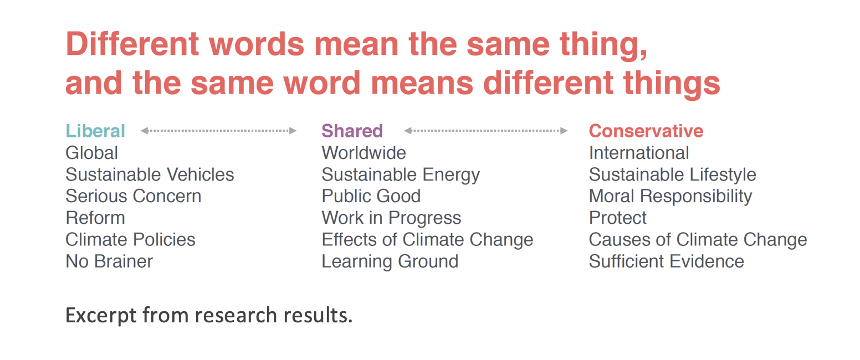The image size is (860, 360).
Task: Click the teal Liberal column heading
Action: point(95,131)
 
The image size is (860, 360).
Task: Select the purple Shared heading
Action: point(352,131)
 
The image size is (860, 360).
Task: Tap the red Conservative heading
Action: point(646,131)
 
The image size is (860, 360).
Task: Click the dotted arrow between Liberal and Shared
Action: point(218,131)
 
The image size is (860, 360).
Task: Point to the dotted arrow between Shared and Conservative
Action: point(485,131)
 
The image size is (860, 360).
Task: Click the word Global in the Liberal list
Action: point(92,153)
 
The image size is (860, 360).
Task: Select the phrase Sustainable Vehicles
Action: point(150,174)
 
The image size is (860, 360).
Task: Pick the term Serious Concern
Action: point(133,196)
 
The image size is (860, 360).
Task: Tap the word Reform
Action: point(95,218)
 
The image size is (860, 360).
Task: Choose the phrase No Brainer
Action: point(109,261)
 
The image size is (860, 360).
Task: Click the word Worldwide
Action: point(364,153)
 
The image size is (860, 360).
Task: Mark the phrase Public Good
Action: point(371,196)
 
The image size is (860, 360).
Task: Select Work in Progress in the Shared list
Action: point(391,218)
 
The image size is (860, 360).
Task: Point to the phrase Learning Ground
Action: point(390,262)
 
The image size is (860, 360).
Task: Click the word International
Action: point(639,153)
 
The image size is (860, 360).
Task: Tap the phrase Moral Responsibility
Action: point(670,197)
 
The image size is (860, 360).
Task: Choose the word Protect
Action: point(618,218)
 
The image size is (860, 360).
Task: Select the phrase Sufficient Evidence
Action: point(667,261)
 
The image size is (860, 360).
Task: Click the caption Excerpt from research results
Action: point(209,316)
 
